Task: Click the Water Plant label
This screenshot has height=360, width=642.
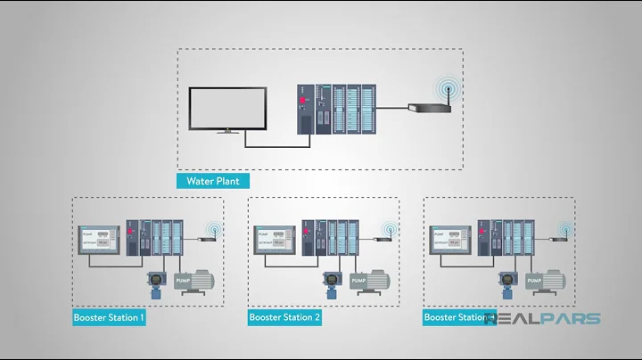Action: point(213,181)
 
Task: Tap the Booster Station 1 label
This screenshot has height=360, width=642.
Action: point(109,317)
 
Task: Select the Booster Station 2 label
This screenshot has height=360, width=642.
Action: point(284,317)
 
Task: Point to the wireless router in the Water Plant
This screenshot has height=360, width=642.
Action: point(428,108)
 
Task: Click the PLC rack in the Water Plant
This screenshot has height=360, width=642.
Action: point(336,109)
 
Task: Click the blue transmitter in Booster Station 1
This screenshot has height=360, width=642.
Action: point(156,282)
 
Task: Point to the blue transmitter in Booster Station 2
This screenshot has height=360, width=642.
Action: point(332,282)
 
